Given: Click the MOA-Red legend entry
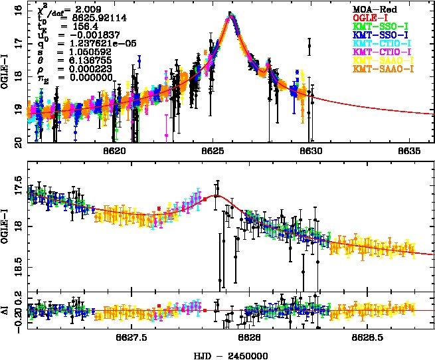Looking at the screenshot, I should click(x=373, y=9).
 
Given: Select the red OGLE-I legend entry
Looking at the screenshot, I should click(x=370, y=17).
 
